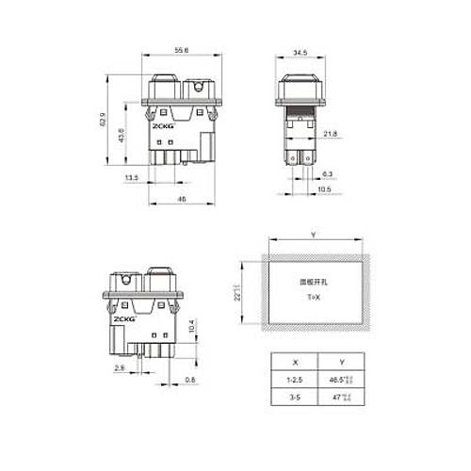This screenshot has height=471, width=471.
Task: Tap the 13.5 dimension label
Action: coord(132,176)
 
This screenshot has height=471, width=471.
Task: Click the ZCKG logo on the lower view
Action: coord(122,317)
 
